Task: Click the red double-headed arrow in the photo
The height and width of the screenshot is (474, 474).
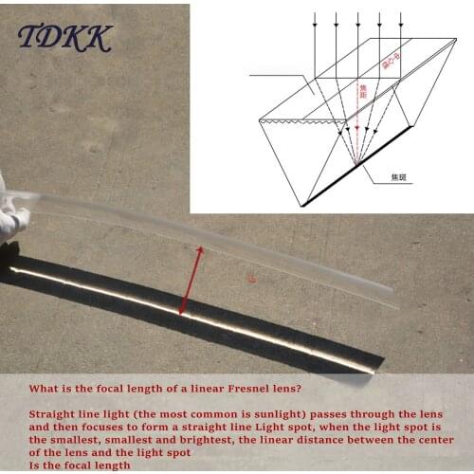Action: [190, 281]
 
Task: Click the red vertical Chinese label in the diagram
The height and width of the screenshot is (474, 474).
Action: [361, 92]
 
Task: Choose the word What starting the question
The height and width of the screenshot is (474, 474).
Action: [45, 389]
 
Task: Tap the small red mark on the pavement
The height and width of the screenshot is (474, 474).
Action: [251, 279]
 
